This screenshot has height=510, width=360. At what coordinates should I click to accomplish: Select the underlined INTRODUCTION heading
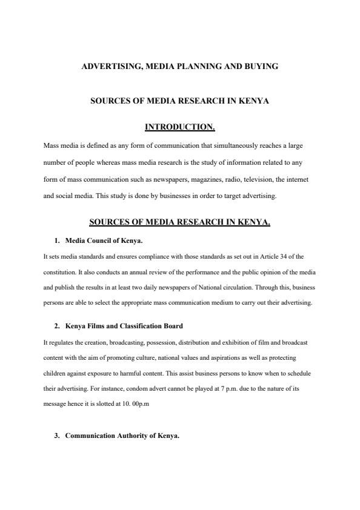coord(180,127)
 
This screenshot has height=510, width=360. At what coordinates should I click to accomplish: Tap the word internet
coord(297,180)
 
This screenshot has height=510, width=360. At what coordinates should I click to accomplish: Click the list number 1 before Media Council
coord(57,240)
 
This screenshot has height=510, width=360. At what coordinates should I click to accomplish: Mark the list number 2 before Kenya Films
coord(57,326)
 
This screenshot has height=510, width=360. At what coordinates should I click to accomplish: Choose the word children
coord(54,373)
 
